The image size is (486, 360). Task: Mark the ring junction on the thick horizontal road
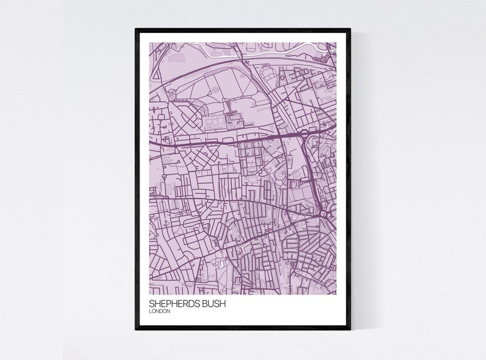click(302, 132)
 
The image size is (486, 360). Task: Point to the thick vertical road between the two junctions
click(311, 174)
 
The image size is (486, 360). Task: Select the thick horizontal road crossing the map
click(220, 140)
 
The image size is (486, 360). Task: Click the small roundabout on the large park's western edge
click(172, 93)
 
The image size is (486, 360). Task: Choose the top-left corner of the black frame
click(136, 30)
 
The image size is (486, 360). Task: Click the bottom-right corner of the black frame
click(350, 328)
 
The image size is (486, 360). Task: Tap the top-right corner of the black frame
click(350, 30)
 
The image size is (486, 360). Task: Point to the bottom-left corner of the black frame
click(136, 328)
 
